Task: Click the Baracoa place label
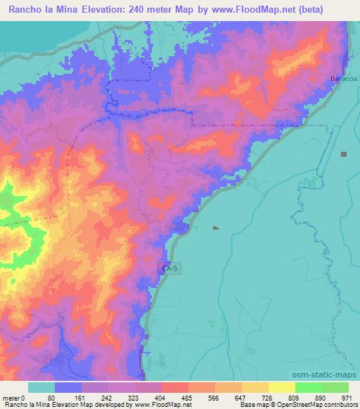345,79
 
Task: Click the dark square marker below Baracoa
344,154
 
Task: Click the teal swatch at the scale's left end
41,387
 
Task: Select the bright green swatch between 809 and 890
309,387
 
